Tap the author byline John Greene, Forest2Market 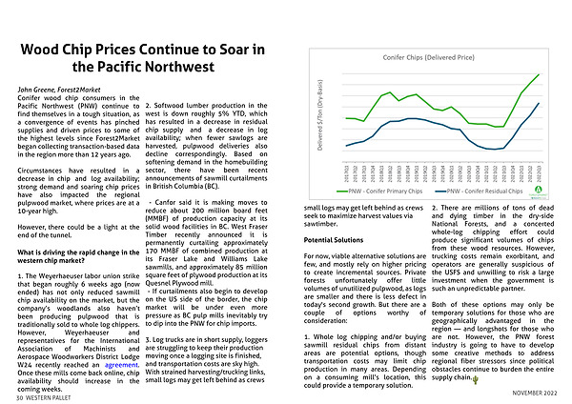click(63, 88)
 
